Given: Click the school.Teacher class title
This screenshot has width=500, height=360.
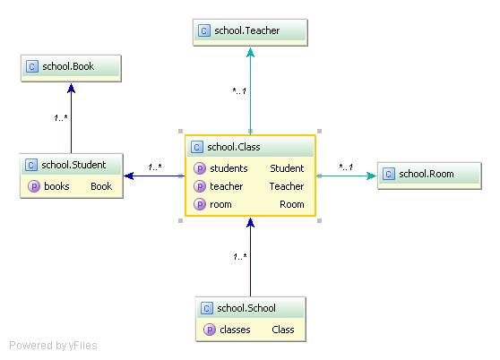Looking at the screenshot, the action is coord(246,30).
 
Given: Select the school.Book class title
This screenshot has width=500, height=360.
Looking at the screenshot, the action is coord(68,66).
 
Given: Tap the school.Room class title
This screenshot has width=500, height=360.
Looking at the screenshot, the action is coord(427,174).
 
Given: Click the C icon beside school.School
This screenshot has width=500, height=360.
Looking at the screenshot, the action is coord(207,308).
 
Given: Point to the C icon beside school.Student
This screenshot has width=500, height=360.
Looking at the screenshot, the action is coord(31,165).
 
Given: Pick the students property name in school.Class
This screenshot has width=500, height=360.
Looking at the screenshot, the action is coord(228,168).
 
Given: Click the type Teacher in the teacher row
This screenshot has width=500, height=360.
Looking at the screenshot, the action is coord(287,186).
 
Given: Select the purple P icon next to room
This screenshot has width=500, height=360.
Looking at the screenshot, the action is coord(200,204).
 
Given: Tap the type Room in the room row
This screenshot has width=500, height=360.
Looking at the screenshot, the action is coord(291,204).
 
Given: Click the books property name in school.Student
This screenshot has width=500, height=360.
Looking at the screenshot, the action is coord(56,186).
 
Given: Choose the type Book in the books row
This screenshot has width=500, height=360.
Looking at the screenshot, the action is coord(101,186).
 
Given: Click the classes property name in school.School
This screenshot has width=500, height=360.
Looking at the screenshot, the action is coord(235,330).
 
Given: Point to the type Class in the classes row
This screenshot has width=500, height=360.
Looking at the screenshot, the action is coord(283,330).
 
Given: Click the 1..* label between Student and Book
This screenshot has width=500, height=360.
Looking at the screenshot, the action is coord(61,118).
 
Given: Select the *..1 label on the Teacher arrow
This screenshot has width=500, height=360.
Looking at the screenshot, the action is coord(239,91).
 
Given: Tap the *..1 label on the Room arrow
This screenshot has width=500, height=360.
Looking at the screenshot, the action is coord(346,167).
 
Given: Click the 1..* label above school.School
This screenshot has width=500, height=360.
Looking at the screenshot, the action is coord(240,256).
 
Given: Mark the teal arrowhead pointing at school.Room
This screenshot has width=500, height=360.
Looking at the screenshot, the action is coord(372,176).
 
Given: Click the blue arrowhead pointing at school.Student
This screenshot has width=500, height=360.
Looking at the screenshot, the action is coord(129,176).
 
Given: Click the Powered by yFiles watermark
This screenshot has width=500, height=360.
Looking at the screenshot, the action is coord(53,346).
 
